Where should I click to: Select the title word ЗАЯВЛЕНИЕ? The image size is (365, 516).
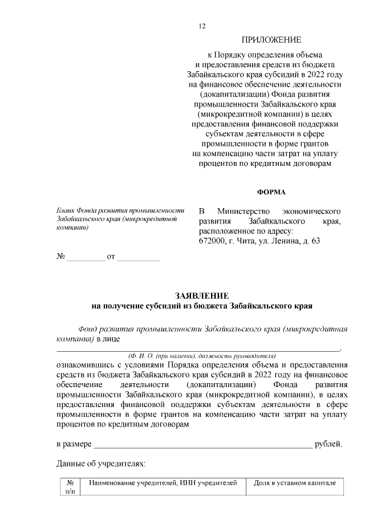pos(202,295)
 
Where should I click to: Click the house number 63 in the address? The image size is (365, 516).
pos(314,241)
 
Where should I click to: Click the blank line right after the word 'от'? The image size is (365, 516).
pos(138,259)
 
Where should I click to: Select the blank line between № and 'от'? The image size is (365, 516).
pos(86,259)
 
